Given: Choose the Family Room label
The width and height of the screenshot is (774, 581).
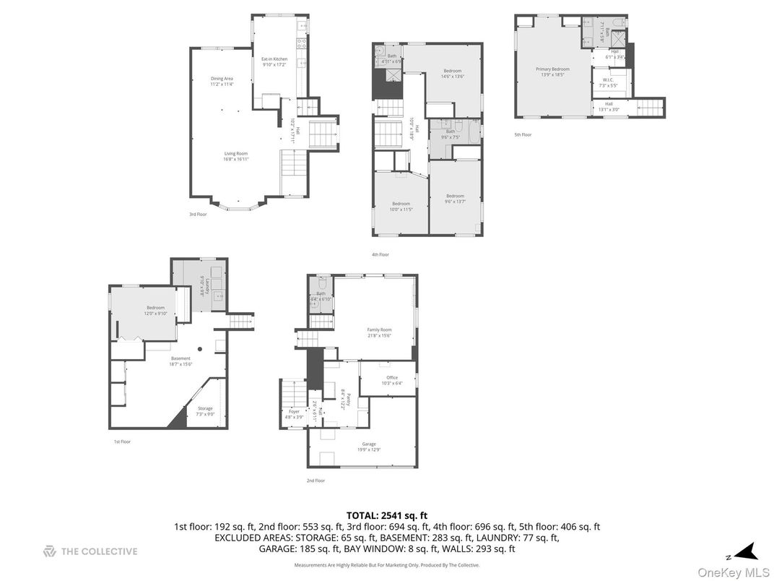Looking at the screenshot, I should click(380, 332).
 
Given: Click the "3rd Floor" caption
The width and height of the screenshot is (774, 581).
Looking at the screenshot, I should click(198, 214).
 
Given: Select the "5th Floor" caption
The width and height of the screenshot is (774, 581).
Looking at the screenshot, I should click(523, 134).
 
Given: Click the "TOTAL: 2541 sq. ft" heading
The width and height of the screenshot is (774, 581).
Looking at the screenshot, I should click(387, 515).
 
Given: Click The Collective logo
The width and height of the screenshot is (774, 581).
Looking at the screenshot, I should click(90, 551).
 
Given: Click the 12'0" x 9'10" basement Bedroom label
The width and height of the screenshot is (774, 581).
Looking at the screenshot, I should click(157, 310).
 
